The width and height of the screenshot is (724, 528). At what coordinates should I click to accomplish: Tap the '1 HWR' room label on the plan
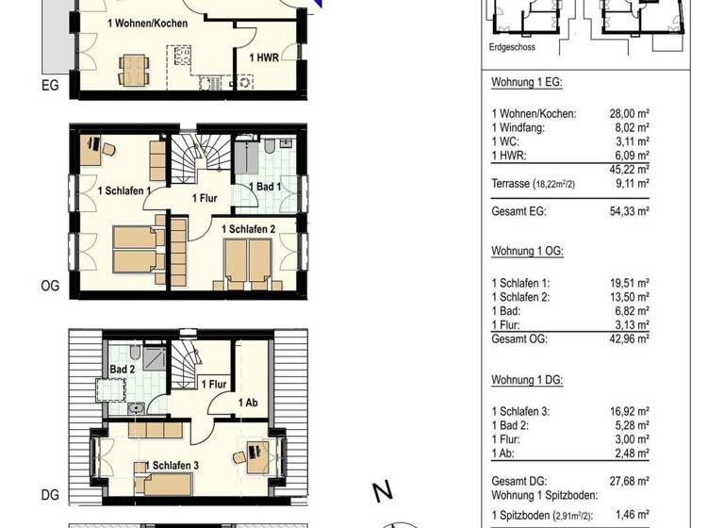[263, 58]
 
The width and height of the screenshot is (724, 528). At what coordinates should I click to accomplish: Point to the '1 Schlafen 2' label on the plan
[248, 229]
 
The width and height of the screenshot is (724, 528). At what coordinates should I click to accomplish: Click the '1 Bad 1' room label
[266, 188]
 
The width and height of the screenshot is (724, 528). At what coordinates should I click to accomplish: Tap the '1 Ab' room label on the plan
[248, 404]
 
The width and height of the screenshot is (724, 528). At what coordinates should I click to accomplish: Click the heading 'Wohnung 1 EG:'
[526, 83]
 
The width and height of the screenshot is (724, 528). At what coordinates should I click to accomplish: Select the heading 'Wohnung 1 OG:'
[527, 253]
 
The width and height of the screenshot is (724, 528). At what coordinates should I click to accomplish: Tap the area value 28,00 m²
[629, 113]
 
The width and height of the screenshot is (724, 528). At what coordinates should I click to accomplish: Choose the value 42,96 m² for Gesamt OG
[629, 338]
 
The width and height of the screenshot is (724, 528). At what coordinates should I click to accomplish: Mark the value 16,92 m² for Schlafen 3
[629, 411]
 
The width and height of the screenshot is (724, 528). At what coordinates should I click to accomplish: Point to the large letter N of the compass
[383, 491]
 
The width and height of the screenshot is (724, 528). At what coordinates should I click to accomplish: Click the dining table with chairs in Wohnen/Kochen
[133, 67]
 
